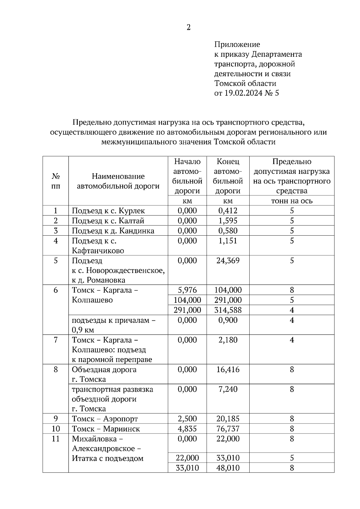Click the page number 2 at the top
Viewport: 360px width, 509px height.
188,28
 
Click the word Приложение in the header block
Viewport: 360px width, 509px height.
237,45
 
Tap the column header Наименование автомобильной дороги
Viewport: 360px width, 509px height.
118,181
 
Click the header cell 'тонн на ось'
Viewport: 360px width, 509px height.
292,201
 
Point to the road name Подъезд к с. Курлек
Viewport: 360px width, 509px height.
108,211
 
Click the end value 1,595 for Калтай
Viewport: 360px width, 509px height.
228,221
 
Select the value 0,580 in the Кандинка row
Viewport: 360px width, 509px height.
228,231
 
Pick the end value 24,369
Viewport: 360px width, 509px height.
228,260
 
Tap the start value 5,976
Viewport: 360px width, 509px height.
187,290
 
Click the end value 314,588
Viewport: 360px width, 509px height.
228,310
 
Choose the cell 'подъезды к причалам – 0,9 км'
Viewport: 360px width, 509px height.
114,325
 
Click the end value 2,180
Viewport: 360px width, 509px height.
228,340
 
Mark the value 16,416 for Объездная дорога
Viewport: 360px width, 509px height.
228,369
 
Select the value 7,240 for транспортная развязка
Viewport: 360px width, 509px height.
228,389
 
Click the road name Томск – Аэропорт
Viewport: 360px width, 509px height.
105,419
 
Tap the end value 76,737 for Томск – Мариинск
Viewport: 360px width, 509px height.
228,429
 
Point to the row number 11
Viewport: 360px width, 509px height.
56,439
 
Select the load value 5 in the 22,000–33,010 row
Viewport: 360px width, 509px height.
292,458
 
